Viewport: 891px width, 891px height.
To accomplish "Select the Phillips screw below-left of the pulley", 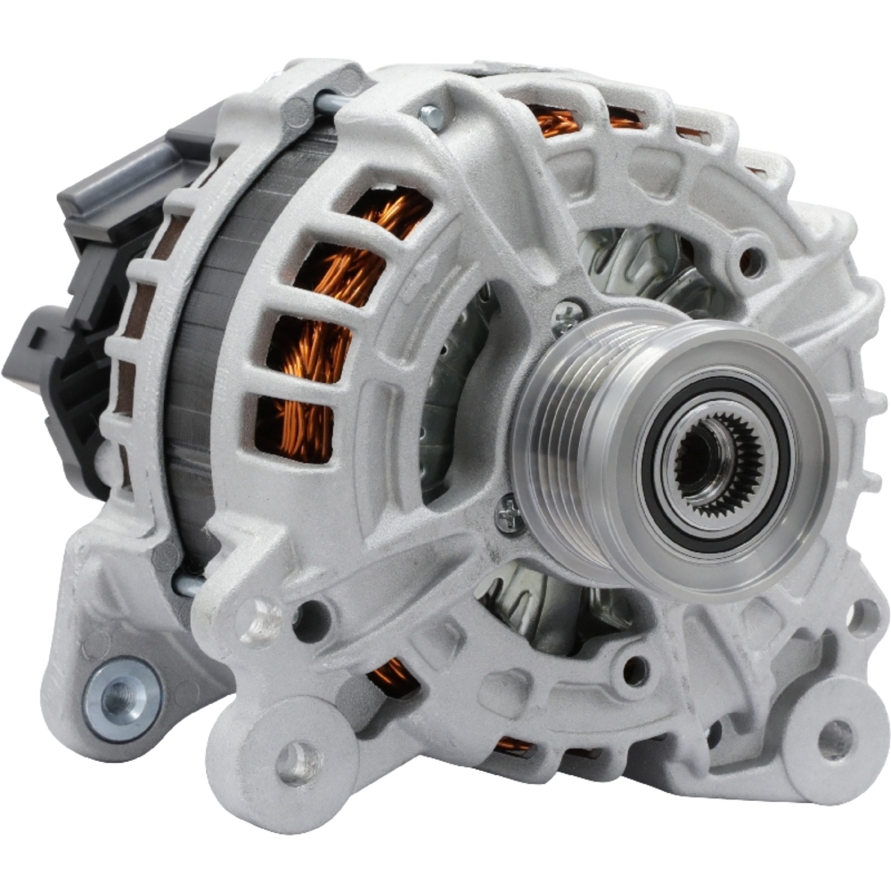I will coord(510,515).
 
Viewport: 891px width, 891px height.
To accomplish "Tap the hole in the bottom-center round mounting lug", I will coord(298,762).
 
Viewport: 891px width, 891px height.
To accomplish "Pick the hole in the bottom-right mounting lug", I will coord(834,737).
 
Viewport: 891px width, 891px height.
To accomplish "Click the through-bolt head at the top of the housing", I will coord(430,115).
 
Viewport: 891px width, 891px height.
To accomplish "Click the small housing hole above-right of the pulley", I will coord(751,261).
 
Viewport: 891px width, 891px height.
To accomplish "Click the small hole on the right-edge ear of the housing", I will coord(862,615).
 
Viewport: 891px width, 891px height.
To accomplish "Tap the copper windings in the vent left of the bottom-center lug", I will coord(392,677).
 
